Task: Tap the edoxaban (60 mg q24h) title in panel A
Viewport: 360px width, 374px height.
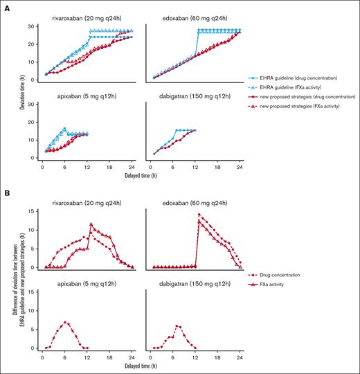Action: click(196, 18)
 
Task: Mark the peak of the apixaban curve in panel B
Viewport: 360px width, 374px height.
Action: click(65, 322)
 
